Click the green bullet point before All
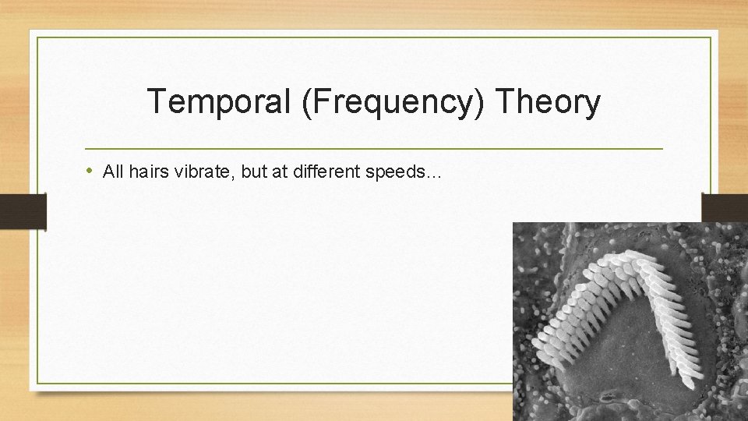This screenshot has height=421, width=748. pos(91,172)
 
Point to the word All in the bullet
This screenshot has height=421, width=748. pos(113,172)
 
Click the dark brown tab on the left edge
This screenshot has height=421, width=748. pos(23,210)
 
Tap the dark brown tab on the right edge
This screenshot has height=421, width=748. pos(725,209)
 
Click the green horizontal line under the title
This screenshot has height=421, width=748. pos(374,148)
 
